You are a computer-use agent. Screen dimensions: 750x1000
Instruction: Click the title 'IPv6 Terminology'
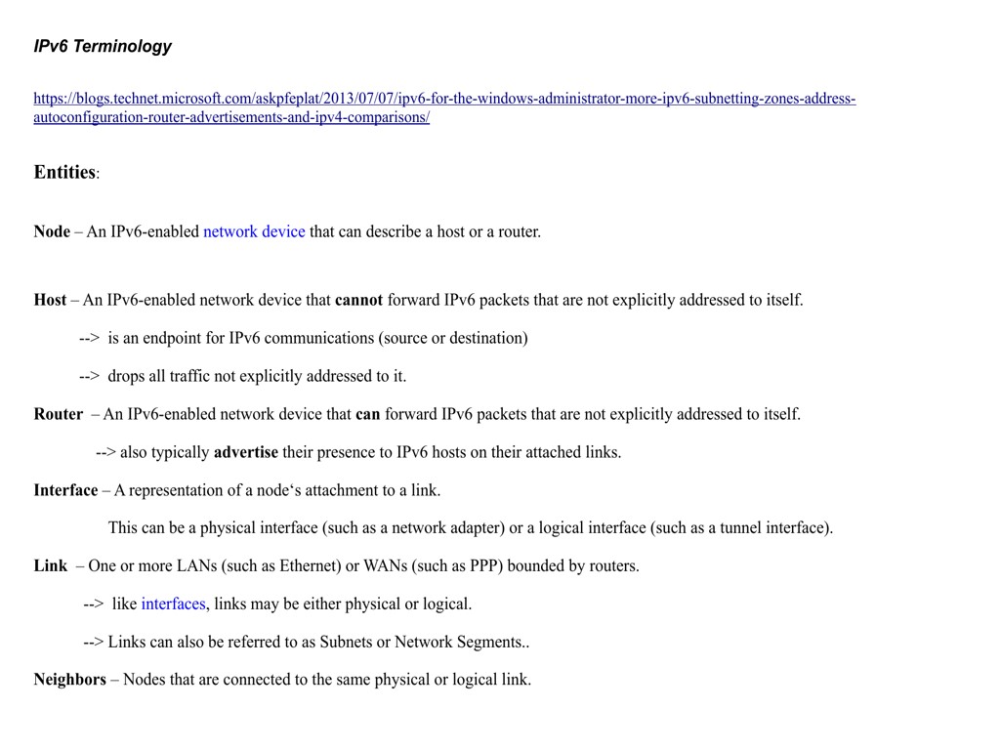click(x=103, y=46)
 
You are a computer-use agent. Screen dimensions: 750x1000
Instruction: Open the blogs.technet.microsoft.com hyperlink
click(x=444, y=99)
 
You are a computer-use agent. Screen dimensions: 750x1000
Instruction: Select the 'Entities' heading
click(x=64, y=172)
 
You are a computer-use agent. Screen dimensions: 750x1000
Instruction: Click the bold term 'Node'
click(x=52, y=231)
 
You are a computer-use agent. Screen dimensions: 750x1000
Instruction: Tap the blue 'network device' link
click(x=254, y=231)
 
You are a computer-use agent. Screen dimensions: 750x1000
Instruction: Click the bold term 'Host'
click(x=50, y=300)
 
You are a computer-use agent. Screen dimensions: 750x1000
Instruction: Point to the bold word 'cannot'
click(x=358, y=300)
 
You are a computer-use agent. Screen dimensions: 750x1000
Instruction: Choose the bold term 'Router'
click(x=59, y=414)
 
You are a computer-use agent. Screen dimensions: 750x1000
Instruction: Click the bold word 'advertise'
click(x=246, y=452)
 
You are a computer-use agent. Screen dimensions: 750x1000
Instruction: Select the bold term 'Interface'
click(x=65, y=490)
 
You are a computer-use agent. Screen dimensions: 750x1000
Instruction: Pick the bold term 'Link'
click(x=51, y=566)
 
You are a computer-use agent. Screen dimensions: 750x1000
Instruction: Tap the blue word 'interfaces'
click(x=173, y=604)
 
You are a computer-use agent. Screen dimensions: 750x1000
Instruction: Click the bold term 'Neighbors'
click(x=69, y=680)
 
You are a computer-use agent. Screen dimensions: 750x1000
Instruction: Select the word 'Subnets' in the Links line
click(x=346, y=643)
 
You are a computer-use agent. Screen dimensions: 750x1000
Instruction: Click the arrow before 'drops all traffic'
click(x=89, y=376)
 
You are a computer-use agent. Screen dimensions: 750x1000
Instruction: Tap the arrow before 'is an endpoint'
click(x=89, y=338)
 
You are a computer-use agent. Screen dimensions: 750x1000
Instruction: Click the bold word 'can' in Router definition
click(x=368, y=414)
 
